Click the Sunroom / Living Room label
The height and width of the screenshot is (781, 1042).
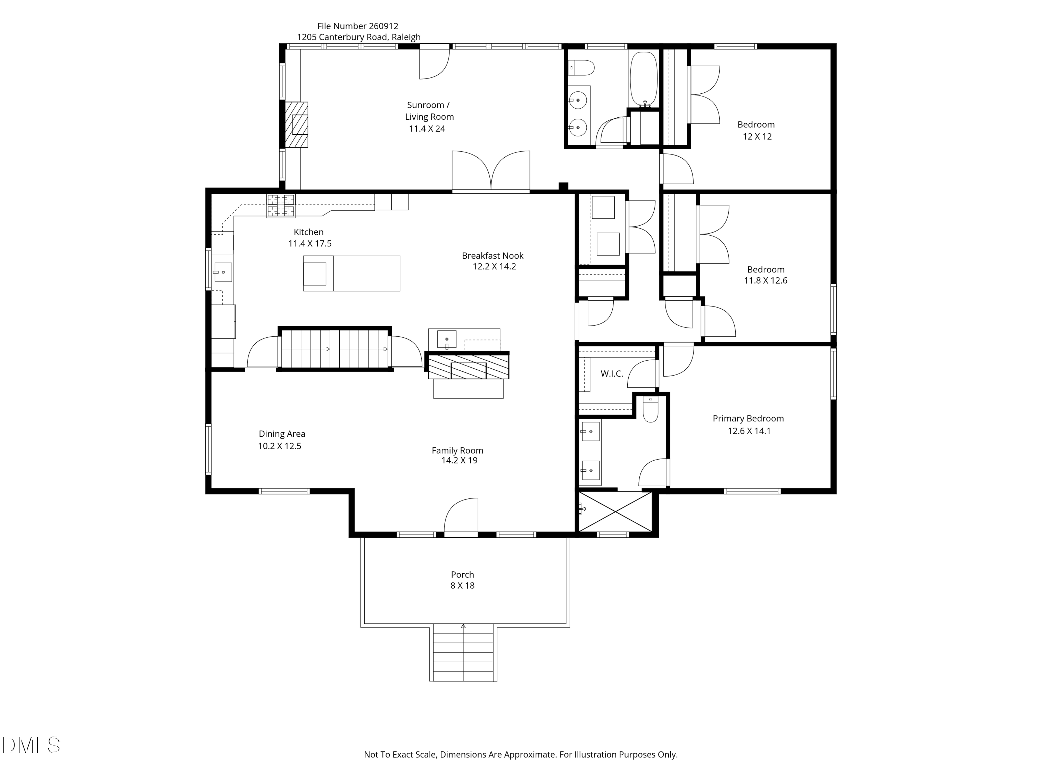(x=429, y=111)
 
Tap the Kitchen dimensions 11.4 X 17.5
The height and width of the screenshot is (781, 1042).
(x=310, y=243)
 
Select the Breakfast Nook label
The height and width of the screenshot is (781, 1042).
(x=492, y=255)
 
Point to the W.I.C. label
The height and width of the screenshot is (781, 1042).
(x=611, y=374)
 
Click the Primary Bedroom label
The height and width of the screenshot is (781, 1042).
(x=748, y=419)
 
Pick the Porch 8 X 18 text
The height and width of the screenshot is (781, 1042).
(x=462, y=580)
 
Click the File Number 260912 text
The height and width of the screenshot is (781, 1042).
(x=357, y=26)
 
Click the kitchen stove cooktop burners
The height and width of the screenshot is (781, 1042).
(x=281, y=206)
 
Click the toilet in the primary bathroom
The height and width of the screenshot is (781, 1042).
(x=650, y=411)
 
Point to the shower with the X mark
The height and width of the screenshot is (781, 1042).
(x=615, y=512)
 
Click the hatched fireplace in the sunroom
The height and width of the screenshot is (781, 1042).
(x=296, y=125)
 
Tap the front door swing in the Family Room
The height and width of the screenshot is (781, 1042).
(x=462, y=516)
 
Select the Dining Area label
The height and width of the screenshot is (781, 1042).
(x=282, y=434)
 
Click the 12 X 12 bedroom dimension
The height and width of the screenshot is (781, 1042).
(x=757, y=136)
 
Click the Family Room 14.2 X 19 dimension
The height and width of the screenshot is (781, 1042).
(x=459, y=460)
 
